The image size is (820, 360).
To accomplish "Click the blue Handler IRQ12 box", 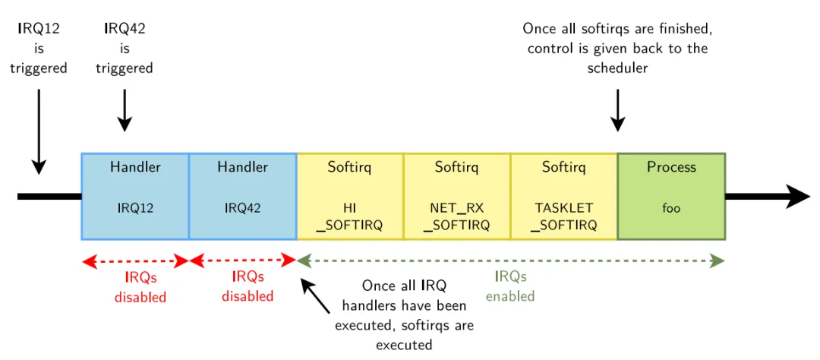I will pos(135,196).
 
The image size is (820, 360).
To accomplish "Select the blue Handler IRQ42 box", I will pos(242,196).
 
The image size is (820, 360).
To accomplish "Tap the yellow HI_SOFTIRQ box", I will pos(349,196).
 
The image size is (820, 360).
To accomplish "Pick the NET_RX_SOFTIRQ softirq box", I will pos(456,196).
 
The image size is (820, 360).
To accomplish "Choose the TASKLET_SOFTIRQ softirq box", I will pos(563,196).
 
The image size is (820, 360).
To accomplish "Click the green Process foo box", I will pos(671,196).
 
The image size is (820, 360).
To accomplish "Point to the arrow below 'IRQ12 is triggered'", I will pos(38,129).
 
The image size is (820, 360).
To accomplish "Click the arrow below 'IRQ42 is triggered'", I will pos(125,110).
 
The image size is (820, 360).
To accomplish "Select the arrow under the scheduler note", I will pos(618,110).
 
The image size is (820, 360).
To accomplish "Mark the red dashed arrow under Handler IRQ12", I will pos(135,261).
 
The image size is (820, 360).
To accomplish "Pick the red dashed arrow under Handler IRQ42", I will pos(242,261).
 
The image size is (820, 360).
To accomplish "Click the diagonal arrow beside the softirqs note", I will pos(317,297).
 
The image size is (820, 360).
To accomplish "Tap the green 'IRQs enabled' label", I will pos(510,286).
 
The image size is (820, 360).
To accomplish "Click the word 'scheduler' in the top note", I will pos(618,68).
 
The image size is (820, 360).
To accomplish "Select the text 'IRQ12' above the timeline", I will pos(39,29).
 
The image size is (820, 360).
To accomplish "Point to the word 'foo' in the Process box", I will pos(671,207).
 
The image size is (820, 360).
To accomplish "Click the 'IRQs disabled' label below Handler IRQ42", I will pos(248,286).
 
